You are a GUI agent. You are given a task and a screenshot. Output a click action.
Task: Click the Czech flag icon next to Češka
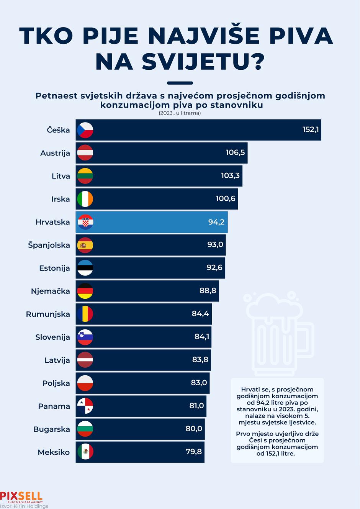coord(85,130)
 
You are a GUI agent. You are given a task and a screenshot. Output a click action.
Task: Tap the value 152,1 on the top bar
coord(310,129)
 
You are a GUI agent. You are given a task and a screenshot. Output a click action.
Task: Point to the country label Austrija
coord(55,153)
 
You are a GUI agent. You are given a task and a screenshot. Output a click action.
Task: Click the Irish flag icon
coord(85,199)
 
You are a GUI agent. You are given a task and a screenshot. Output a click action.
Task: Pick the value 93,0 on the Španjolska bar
coord(215,244)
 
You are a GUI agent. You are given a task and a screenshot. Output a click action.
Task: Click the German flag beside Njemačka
coord(85,291)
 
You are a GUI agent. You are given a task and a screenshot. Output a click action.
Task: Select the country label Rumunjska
coord(48,314)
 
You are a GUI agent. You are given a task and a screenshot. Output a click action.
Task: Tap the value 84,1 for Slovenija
coord(202,337)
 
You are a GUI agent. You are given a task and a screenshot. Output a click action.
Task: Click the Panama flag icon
coord(85,406)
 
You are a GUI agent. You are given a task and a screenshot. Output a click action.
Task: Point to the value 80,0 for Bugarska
coord(194,429)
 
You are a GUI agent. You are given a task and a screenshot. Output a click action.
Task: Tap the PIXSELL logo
coord(21,497)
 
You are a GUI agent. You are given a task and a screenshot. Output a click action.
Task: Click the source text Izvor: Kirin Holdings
coord(24,506)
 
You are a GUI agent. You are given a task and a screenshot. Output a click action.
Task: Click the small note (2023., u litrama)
coord(180,113)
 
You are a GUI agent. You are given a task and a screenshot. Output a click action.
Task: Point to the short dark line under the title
coord(180,83)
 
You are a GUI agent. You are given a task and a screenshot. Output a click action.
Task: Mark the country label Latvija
coord(57,360)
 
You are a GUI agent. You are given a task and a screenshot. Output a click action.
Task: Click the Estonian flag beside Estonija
coord(85,268)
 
